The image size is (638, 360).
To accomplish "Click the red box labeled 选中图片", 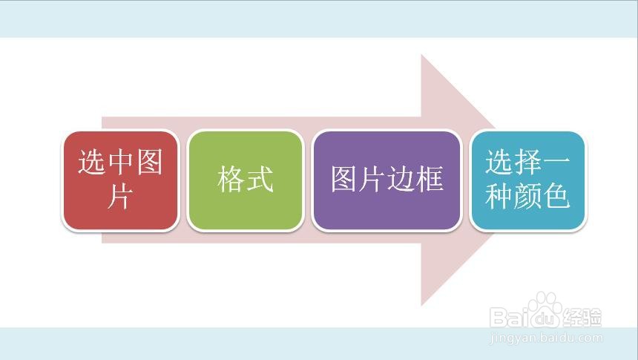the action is [120, 180].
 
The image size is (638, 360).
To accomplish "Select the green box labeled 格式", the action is [246, 180].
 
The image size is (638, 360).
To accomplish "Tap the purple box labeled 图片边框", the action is [387, 180].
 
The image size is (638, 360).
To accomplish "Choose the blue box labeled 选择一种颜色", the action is [527, 180].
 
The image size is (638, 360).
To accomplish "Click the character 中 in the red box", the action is [120, 162].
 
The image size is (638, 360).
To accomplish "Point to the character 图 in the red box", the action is [149, 162].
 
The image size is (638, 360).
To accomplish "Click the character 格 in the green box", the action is [231, 180].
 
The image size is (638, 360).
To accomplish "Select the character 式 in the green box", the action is [260, 180].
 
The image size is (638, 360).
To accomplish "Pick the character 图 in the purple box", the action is [343, 180].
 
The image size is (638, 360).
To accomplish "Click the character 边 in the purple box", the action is [401, 180].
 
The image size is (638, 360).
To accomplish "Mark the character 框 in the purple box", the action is [430, 180].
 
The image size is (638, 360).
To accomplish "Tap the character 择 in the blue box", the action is [527, 162].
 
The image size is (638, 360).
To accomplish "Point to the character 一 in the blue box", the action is [556, 163].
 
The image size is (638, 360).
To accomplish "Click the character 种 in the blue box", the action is [499, 196].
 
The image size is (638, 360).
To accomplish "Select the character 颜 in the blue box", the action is [527, 196].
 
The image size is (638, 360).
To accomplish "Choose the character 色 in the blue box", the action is [556, 196].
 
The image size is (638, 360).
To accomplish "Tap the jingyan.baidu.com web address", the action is [547, 338].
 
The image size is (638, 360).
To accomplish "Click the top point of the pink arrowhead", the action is [421, 54].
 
